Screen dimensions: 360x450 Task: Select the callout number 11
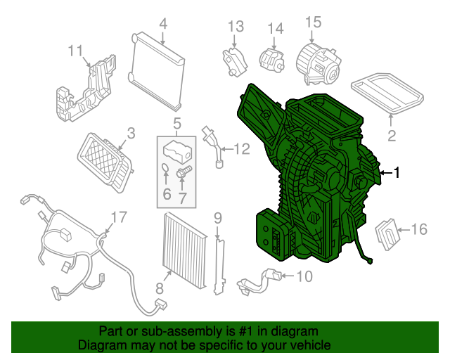click(75, 50)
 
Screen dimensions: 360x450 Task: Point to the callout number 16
click(418, 229)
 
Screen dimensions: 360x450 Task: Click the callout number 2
click(392, 135)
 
